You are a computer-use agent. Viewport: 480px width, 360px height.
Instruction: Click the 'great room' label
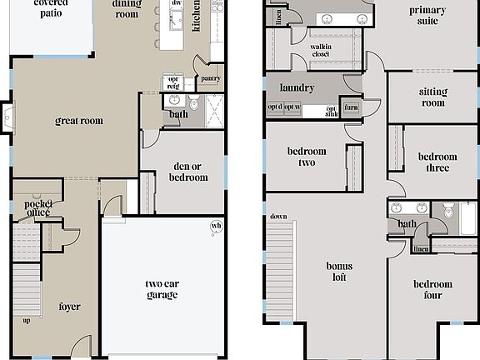[79, 121]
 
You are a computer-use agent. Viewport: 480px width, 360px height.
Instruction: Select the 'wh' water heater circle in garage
[217, 226]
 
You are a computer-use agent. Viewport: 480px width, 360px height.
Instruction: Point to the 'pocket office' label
[37, 207]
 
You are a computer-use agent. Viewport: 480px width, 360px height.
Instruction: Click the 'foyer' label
[70, 307]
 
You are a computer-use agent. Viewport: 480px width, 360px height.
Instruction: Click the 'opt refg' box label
[172, 83]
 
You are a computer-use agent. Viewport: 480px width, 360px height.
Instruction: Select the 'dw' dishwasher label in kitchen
[176, 3]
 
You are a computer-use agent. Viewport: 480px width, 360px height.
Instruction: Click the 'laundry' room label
[296, 87]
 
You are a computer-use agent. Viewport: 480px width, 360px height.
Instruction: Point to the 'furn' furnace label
[351, 107]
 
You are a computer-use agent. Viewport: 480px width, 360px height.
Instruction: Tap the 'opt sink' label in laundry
[331, 111]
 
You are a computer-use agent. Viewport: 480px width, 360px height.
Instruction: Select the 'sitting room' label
[432, 97]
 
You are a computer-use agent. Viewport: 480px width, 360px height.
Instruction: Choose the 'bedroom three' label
[437, 162]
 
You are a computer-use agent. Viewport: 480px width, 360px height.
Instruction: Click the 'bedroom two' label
[307, 157]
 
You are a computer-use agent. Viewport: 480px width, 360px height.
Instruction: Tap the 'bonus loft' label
[339, 272]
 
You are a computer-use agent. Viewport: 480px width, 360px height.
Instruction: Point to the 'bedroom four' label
[433, 289]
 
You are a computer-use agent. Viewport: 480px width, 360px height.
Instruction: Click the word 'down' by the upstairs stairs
[278, 217]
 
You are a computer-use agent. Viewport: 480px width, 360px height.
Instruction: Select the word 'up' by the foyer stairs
[27, 320]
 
